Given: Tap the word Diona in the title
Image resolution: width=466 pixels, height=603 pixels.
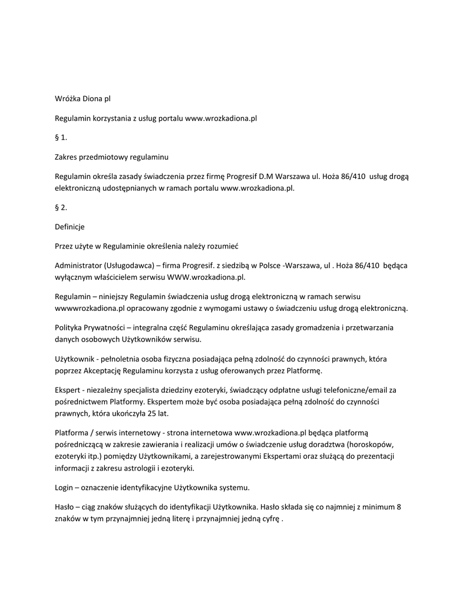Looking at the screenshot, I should [94, 98].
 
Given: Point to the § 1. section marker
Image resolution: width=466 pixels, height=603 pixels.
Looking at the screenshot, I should [61, 138].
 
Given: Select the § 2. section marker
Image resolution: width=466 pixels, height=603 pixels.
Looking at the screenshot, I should [61, 207].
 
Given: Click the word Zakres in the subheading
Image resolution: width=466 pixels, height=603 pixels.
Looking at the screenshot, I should [67, 158].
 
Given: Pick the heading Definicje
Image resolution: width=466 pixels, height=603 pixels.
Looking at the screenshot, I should [70, 227].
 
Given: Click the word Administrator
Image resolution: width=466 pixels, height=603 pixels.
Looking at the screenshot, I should [78, 266].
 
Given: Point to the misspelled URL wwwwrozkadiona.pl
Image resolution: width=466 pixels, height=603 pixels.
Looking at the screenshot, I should [91, 308].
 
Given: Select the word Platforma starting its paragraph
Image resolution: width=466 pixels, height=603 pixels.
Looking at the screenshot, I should [72, 433].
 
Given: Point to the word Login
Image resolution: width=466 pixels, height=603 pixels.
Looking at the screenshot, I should [64, 488].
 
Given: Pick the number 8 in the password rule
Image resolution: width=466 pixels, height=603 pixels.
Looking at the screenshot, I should [399, 508].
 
